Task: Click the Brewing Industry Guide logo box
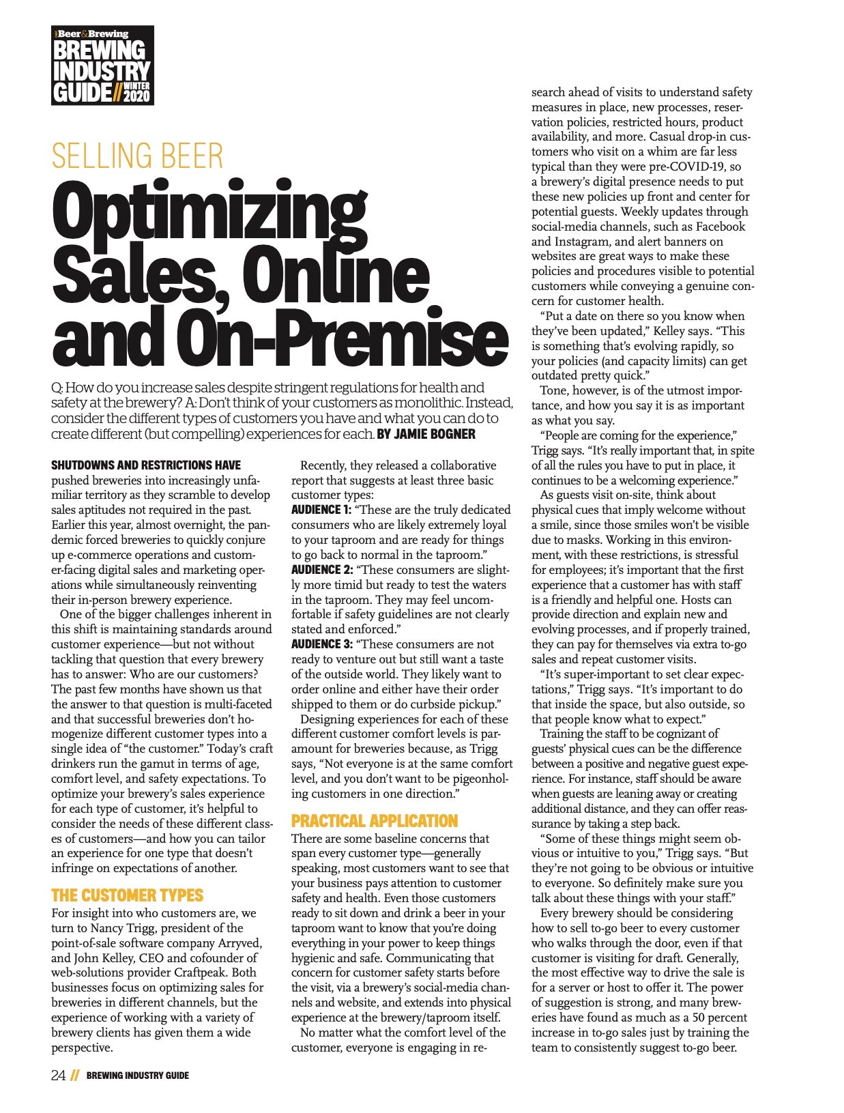102,65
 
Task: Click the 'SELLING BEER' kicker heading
137,156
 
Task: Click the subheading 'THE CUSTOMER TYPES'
127,895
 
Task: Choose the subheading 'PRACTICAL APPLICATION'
374,821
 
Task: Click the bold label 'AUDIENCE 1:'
321,510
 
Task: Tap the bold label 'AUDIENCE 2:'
321,570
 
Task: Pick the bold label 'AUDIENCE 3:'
321,644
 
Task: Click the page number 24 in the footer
59,1075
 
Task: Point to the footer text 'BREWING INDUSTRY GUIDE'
137,1076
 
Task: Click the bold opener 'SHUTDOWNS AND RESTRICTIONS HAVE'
146,465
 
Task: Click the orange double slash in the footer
75,1076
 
